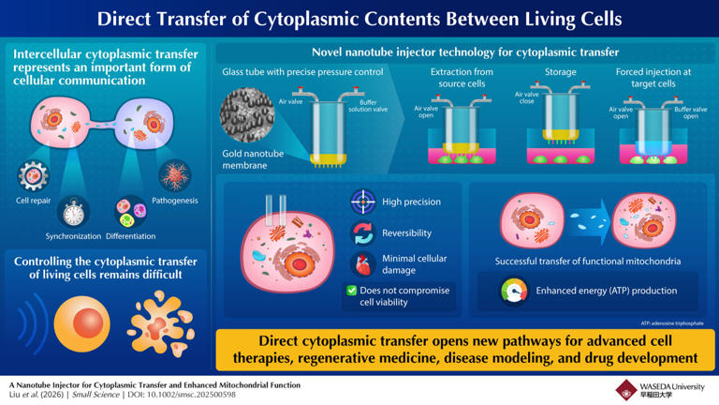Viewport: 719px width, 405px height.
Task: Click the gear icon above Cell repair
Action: click(34, 176)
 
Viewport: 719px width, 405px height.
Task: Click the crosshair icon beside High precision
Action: click(362, 202)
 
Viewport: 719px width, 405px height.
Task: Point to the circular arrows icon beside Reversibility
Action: click(362, 233)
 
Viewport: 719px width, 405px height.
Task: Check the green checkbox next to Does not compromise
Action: click(351, 292)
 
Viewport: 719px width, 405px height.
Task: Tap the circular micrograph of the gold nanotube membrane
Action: click(247, 115)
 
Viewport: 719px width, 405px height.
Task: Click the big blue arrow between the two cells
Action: click(575, 216)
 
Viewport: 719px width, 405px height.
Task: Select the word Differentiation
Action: click(131, 235)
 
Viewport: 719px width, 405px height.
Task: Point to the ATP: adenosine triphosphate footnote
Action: click(671, 322)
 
